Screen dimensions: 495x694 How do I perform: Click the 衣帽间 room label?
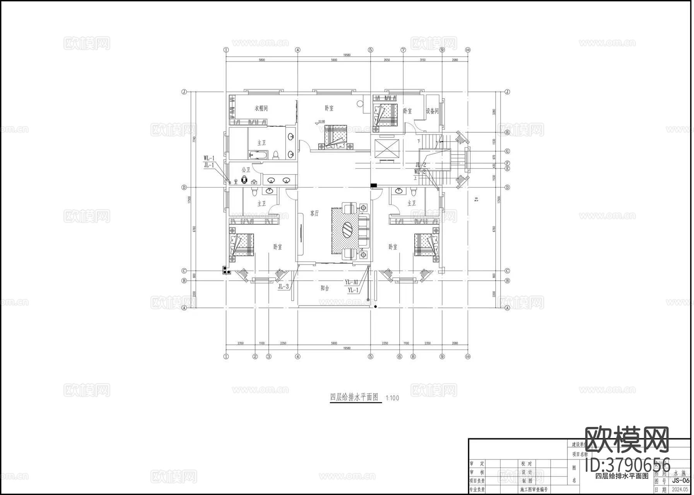261,108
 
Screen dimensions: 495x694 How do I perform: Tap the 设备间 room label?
432,111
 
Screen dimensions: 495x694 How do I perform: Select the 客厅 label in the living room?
315,213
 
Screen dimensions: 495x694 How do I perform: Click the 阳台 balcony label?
325,288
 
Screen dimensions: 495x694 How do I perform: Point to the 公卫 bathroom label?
246,170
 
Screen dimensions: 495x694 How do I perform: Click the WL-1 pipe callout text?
209,158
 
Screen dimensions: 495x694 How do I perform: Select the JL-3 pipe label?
283,287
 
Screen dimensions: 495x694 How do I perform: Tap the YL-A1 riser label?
352,283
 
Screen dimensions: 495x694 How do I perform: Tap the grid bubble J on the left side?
185,92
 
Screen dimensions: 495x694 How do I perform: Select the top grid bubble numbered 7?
403,50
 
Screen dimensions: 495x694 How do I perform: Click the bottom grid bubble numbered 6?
400,357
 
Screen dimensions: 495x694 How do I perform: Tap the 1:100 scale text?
392,398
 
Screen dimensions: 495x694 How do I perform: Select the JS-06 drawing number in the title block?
680,481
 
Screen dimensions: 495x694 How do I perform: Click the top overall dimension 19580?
346,55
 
